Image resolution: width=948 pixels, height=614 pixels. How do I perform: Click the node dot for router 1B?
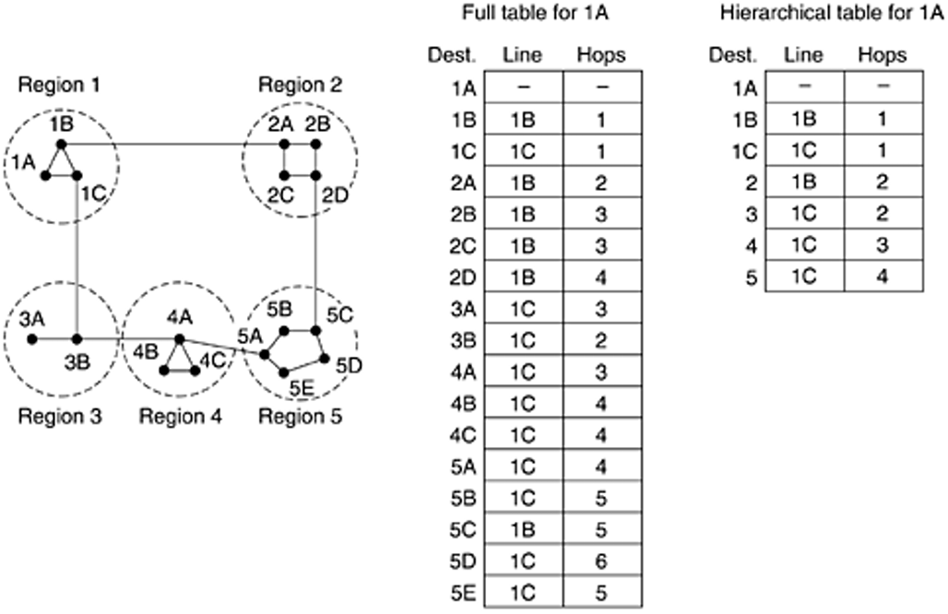click(x=61, y=144)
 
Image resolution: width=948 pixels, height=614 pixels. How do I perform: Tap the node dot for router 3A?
click(x=32, y=339)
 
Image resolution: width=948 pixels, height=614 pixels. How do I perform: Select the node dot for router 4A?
click(x=179, y=339)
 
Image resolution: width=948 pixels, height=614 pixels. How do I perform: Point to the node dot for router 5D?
click(x=324, y=359)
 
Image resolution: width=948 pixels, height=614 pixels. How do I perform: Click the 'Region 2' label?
click(x=300, y=85)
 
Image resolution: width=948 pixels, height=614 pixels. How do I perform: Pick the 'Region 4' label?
click(x=180, y=416)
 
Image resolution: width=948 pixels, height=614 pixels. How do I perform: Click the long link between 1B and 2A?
click(x=172, y=144)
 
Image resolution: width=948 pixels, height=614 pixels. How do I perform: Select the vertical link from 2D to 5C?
click(x=315, y=253)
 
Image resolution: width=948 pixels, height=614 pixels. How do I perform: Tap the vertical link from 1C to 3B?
click(x=77, y=257)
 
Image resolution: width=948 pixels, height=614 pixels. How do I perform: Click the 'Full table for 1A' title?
click(x=535, y=12)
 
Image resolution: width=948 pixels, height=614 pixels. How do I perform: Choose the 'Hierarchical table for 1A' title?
click(x=832, y=12)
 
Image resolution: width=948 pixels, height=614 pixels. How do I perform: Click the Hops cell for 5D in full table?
click(x=602, y=561)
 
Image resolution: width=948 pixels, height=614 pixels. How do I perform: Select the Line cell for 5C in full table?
click(x=524, y=529)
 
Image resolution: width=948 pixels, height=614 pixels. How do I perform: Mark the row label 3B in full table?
click(x=463, y=340)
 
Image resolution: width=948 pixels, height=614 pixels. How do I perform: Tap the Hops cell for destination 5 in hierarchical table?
click(x=883, y=276)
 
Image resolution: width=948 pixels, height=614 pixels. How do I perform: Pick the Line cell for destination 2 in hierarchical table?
click(x=805, y=182)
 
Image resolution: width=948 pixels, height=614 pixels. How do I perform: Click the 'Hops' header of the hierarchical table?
click(x=883, y=55)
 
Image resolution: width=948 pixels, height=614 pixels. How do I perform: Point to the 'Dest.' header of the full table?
click(x=452, y=55)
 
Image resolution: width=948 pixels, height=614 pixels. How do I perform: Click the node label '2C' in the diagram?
click(x=280, y=195)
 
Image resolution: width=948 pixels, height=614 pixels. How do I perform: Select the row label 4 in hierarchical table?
click(x=751, y=246)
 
